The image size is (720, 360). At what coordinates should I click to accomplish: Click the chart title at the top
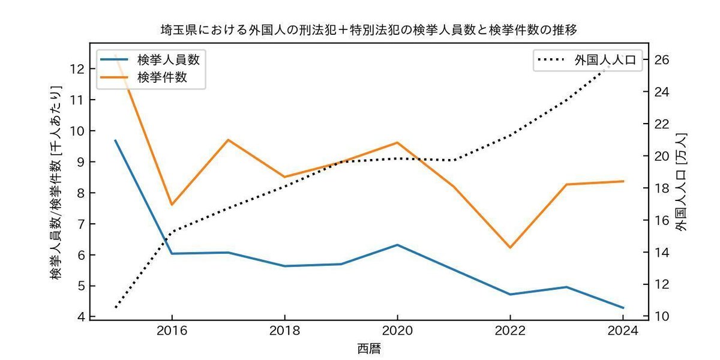coord(368,30)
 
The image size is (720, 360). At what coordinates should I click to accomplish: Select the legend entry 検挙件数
coord(143,77)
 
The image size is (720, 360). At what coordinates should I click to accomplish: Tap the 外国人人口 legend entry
coord(587,60)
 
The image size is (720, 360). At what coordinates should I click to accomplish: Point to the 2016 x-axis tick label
coord(172,331)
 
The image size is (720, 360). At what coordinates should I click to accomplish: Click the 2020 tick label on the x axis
coord(398,331)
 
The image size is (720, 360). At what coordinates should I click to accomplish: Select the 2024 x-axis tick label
coord(623,331)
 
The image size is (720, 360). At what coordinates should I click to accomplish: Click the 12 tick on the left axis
coord(77,69)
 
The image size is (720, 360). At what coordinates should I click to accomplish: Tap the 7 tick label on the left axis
coord(82,224)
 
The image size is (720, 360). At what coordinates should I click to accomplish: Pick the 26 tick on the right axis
coord(661,60)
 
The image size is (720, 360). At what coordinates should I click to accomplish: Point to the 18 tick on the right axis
coord(661,188)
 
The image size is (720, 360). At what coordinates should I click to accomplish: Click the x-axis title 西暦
coord(369,349)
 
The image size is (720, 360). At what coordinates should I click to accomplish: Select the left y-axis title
coord(55,182)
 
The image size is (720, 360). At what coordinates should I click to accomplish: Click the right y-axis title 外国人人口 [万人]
coord(681,182)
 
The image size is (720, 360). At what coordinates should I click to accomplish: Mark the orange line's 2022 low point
coord(510,247)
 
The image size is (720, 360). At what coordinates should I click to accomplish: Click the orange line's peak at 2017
coord(228,139)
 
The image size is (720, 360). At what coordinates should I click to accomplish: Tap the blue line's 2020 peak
coord(398,245)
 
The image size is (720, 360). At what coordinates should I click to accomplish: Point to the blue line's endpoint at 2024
coord(623,308)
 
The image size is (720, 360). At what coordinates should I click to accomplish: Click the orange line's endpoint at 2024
coord(623,181)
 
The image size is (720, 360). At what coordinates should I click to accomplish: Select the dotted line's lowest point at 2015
coord(116,308)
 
